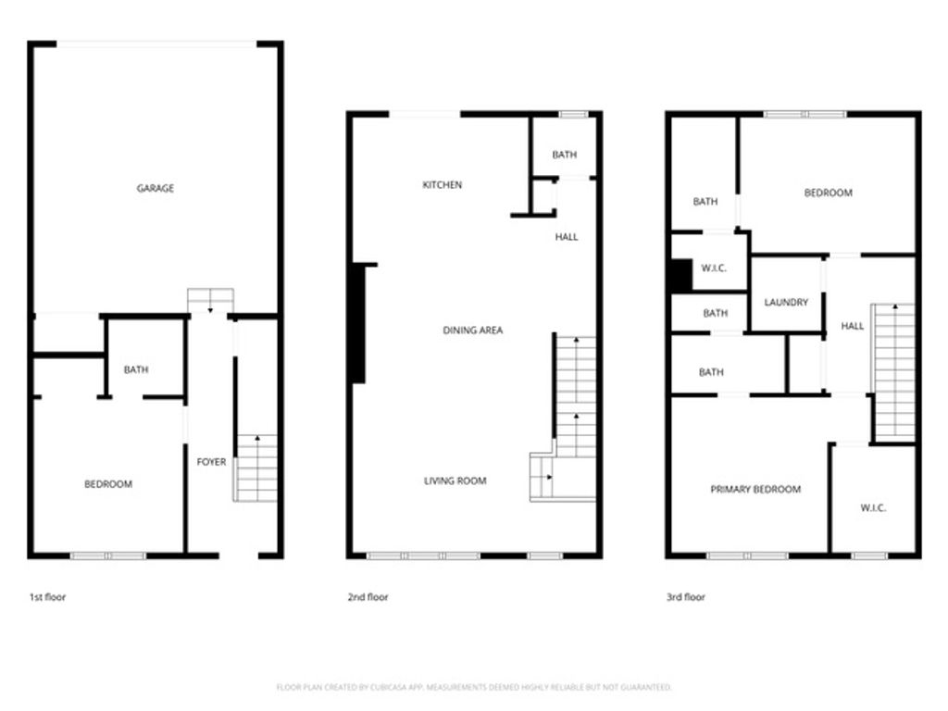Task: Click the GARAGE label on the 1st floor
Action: click(x=156, y=189)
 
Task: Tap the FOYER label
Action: click(x=211, y=462)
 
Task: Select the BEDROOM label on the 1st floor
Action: click(x=108, y=484)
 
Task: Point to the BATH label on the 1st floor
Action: click(x=136, y=370)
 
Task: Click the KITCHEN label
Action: click(x=442, y=185)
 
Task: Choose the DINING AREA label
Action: click(x=472, y=331)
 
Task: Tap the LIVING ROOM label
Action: click(x=455, y=481)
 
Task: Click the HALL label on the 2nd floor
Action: click(x=566, y=237)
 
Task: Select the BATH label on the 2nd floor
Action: click(x=564, y=156)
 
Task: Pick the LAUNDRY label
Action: click(x=786, y=303)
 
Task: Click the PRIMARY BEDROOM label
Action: click(x=755, y=490)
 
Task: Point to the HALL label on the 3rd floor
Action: click(x=852, y=326)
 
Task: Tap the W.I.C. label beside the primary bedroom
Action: click(x=873, y=508)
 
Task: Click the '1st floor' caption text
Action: click(x=47, y=598)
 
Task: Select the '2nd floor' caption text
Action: click(x=368, y=598)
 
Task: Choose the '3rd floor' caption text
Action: click(x=686, y=598)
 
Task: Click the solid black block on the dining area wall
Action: click(x=358, y=324)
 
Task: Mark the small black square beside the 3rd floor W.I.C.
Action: click(x=680, y=275)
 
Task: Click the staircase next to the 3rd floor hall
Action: click(x=894, y=370)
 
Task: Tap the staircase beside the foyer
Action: click(x=256, y=468)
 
